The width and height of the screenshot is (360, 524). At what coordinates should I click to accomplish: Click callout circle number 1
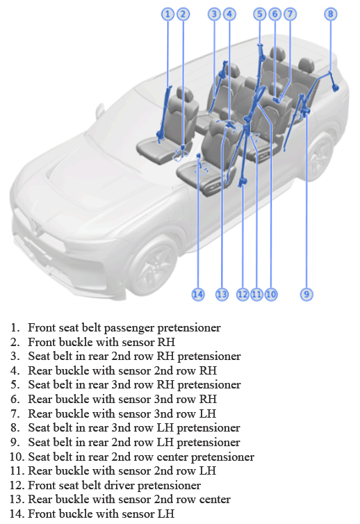pos(167,14)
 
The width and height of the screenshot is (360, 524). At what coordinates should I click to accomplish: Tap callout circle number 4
pos(229,14)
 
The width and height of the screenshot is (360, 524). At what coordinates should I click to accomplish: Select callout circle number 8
pos(331,14)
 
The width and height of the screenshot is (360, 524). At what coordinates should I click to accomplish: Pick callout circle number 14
pos(198,295)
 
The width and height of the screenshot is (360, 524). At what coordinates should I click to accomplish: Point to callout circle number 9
pos(306,295)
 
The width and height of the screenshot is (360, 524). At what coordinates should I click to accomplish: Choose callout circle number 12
pos(243,295)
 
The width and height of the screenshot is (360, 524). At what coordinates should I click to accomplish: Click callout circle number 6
pos(275,14)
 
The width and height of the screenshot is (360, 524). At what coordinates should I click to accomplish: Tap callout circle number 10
pos(271,295)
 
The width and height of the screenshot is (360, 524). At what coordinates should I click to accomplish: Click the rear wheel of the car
pos(319,156)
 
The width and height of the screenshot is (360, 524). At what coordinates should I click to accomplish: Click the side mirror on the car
pos(99,110)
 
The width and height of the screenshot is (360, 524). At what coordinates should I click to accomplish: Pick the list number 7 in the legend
pos(15,414)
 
